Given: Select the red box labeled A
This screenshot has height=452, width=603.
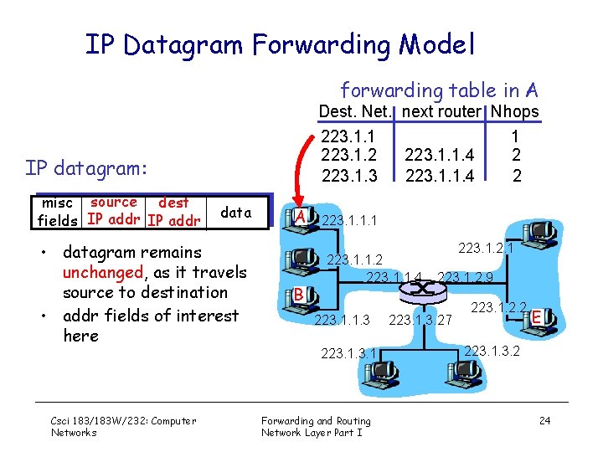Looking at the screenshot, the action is (299, 218).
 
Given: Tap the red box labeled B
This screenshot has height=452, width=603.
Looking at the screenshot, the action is (297, 294).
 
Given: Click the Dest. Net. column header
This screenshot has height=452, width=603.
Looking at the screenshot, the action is (358, 111).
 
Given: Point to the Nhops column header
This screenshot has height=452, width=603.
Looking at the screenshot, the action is (515, 111).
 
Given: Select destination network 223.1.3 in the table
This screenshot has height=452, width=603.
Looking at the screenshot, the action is (349, 175).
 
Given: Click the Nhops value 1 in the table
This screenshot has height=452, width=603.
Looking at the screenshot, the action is (516, 135).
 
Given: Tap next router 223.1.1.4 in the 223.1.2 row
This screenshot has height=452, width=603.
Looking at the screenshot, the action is (440, 155).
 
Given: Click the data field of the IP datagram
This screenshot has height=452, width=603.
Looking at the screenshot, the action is (235, 213).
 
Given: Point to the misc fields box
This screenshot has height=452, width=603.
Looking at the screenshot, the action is (59, 212).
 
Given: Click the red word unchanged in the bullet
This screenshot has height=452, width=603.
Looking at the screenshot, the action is (102, 272).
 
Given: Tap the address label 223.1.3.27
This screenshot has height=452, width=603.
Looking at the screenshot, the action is (420, 320).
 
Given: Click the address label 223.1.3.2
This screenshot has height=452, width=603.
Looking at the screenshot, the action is (492, 350).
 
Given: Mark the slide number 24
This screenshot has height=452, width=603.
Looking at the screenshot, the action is (544, 420).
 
